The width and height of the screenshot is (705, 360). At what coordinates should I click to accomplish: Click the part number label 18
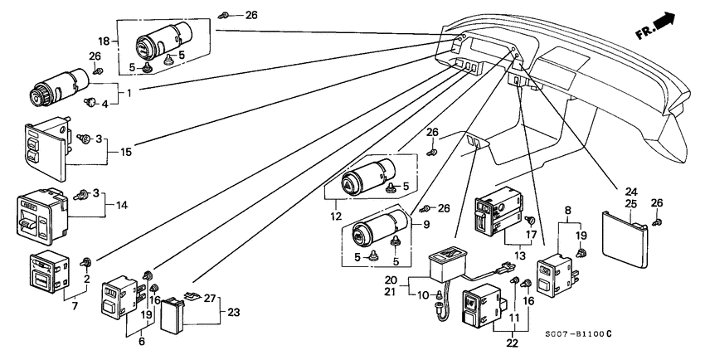[105, 41]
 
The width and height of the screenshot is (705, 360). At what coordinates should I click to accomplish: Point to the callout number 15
[126, 152]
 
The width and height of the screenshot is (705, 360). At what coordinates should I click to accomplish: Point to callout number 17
[531, 221]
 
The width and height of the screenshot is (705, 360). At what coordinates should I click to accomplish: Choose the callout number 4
[105, 104]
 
